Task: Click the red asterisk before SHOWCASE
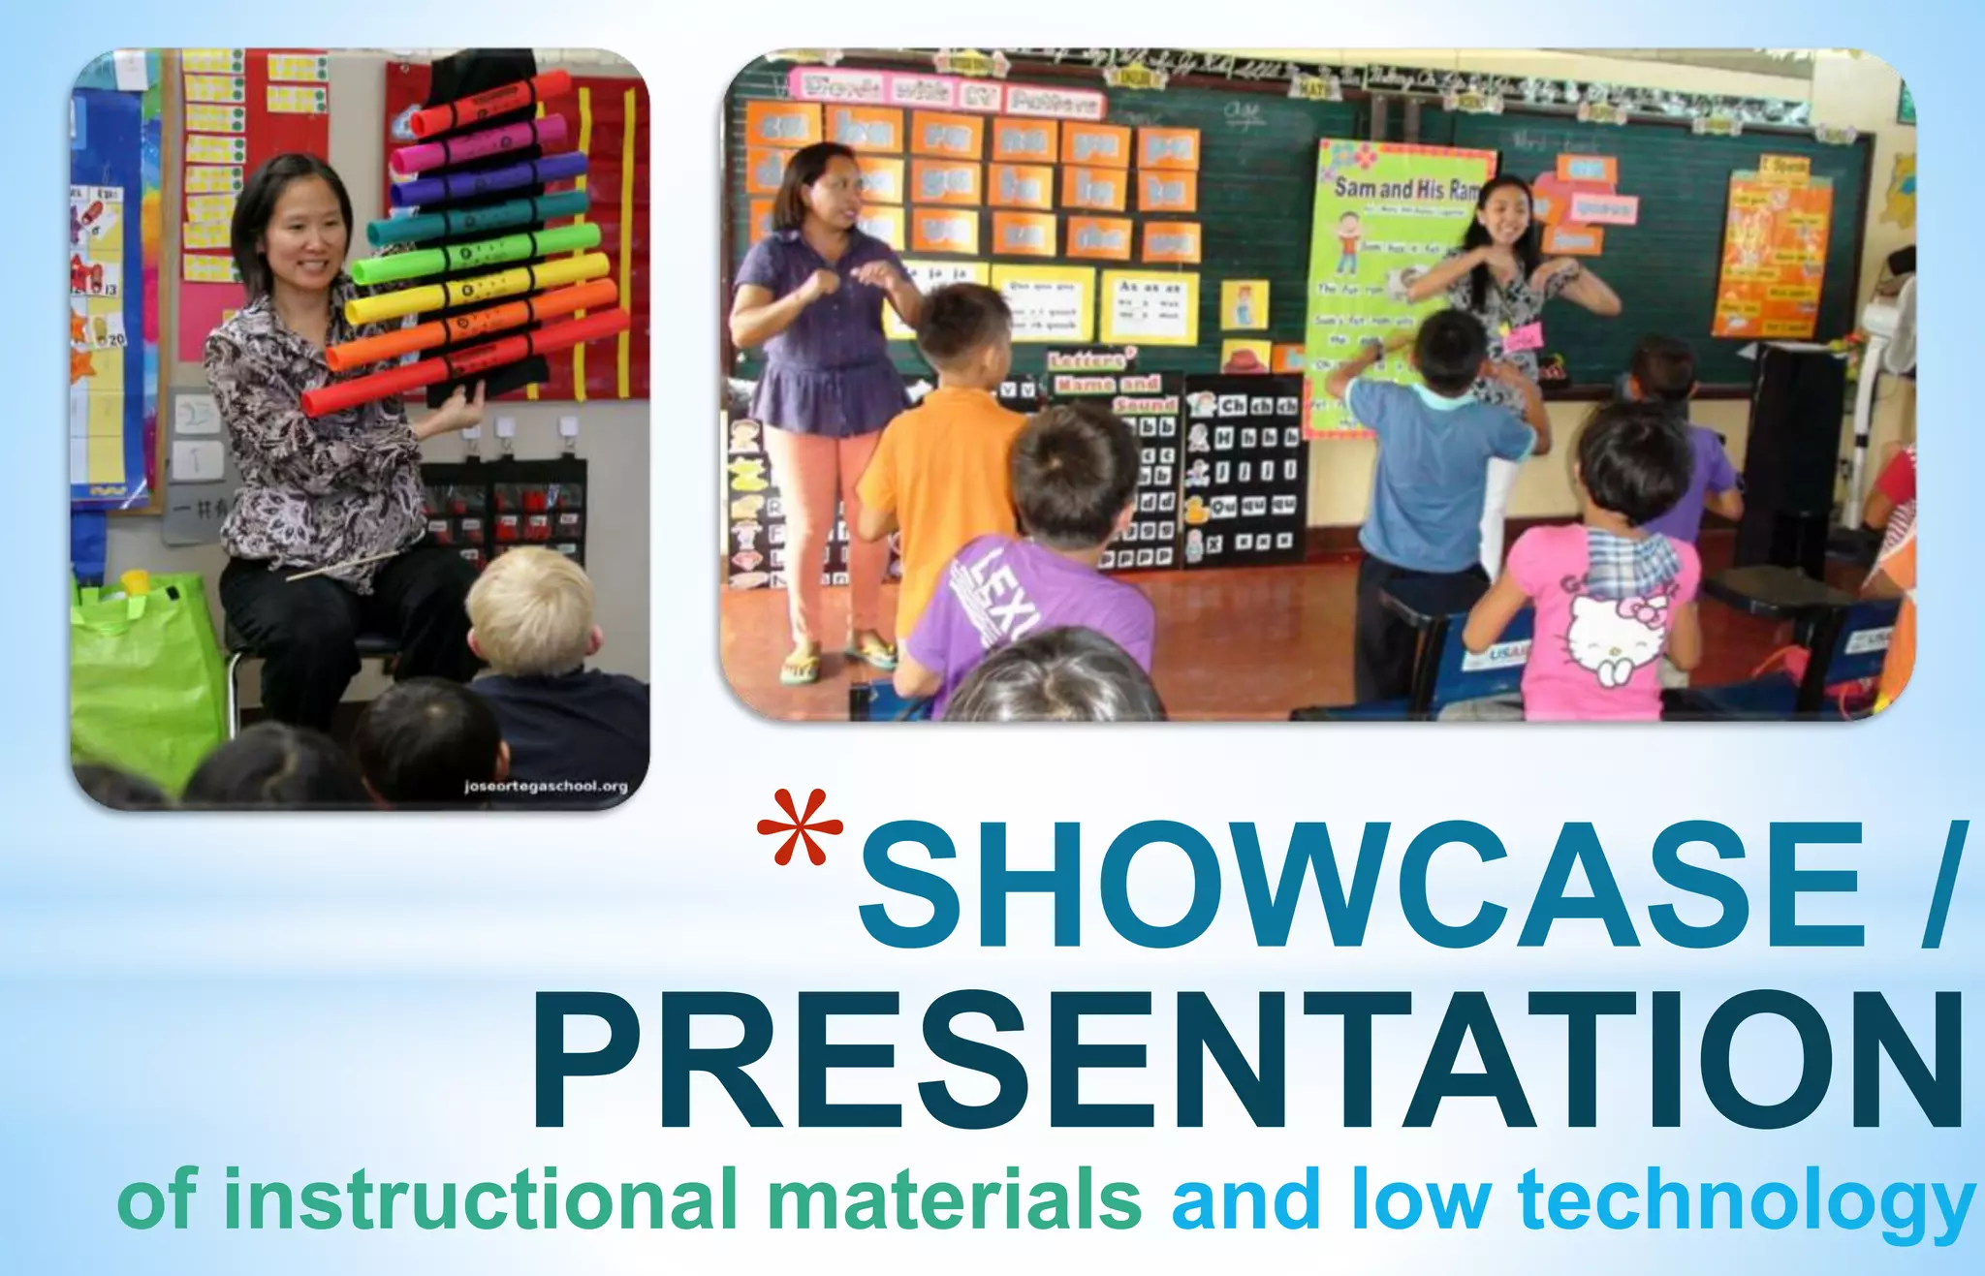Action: pos(800,826)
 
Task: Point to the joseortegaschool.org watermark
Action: pos(546,786)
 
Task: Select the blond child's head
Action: pos(531,608)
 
